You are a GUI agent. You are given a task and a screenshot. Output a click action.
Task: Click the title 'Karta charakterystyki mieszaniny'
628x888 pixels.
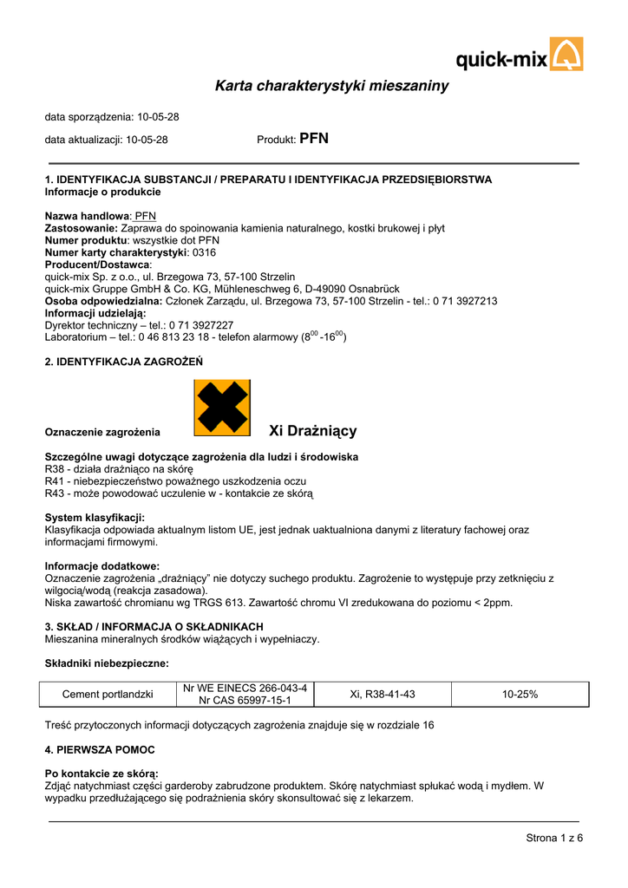coord(331,86)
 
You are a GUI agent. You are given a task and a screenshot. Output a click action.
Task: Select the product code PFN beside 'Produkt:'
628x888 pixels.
coord(314,139)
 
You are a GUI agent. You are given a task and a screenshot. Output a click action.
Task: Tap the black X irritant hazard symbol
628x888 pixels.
coord(221,408)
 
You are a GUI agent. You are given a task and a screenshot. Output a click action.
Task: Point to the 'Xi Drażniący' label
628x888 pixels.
coord(313,431)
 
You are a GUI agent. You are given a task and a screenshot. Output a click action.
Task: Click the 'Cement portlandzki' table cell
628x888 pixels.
coord(108,694)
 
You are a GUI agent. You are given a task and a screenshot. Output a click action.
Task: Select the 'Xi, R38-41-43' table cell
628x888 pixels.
coord(383,694)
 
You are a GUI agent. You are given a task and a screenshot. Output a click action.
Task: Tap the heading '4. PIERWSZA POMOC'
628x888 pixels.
coord(100,749)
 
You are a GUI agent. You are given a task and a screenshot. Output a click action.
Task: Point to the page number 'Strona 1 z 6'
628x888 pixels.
coord(554,837)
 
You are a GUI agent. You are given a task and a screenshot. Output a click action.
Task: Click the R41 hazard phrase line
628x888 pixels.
coord(175,481)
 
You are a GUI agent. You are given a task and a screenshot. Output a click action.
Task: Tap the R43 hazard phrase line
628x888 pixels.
coord(179,493)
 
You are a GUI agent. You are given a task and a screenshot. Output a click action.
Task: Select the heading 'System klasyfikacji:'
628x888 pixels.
coord(95,518)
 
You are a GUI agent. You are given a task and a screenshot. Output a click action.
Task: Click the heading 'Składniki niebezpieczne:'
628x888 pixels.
coord(107,663)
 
